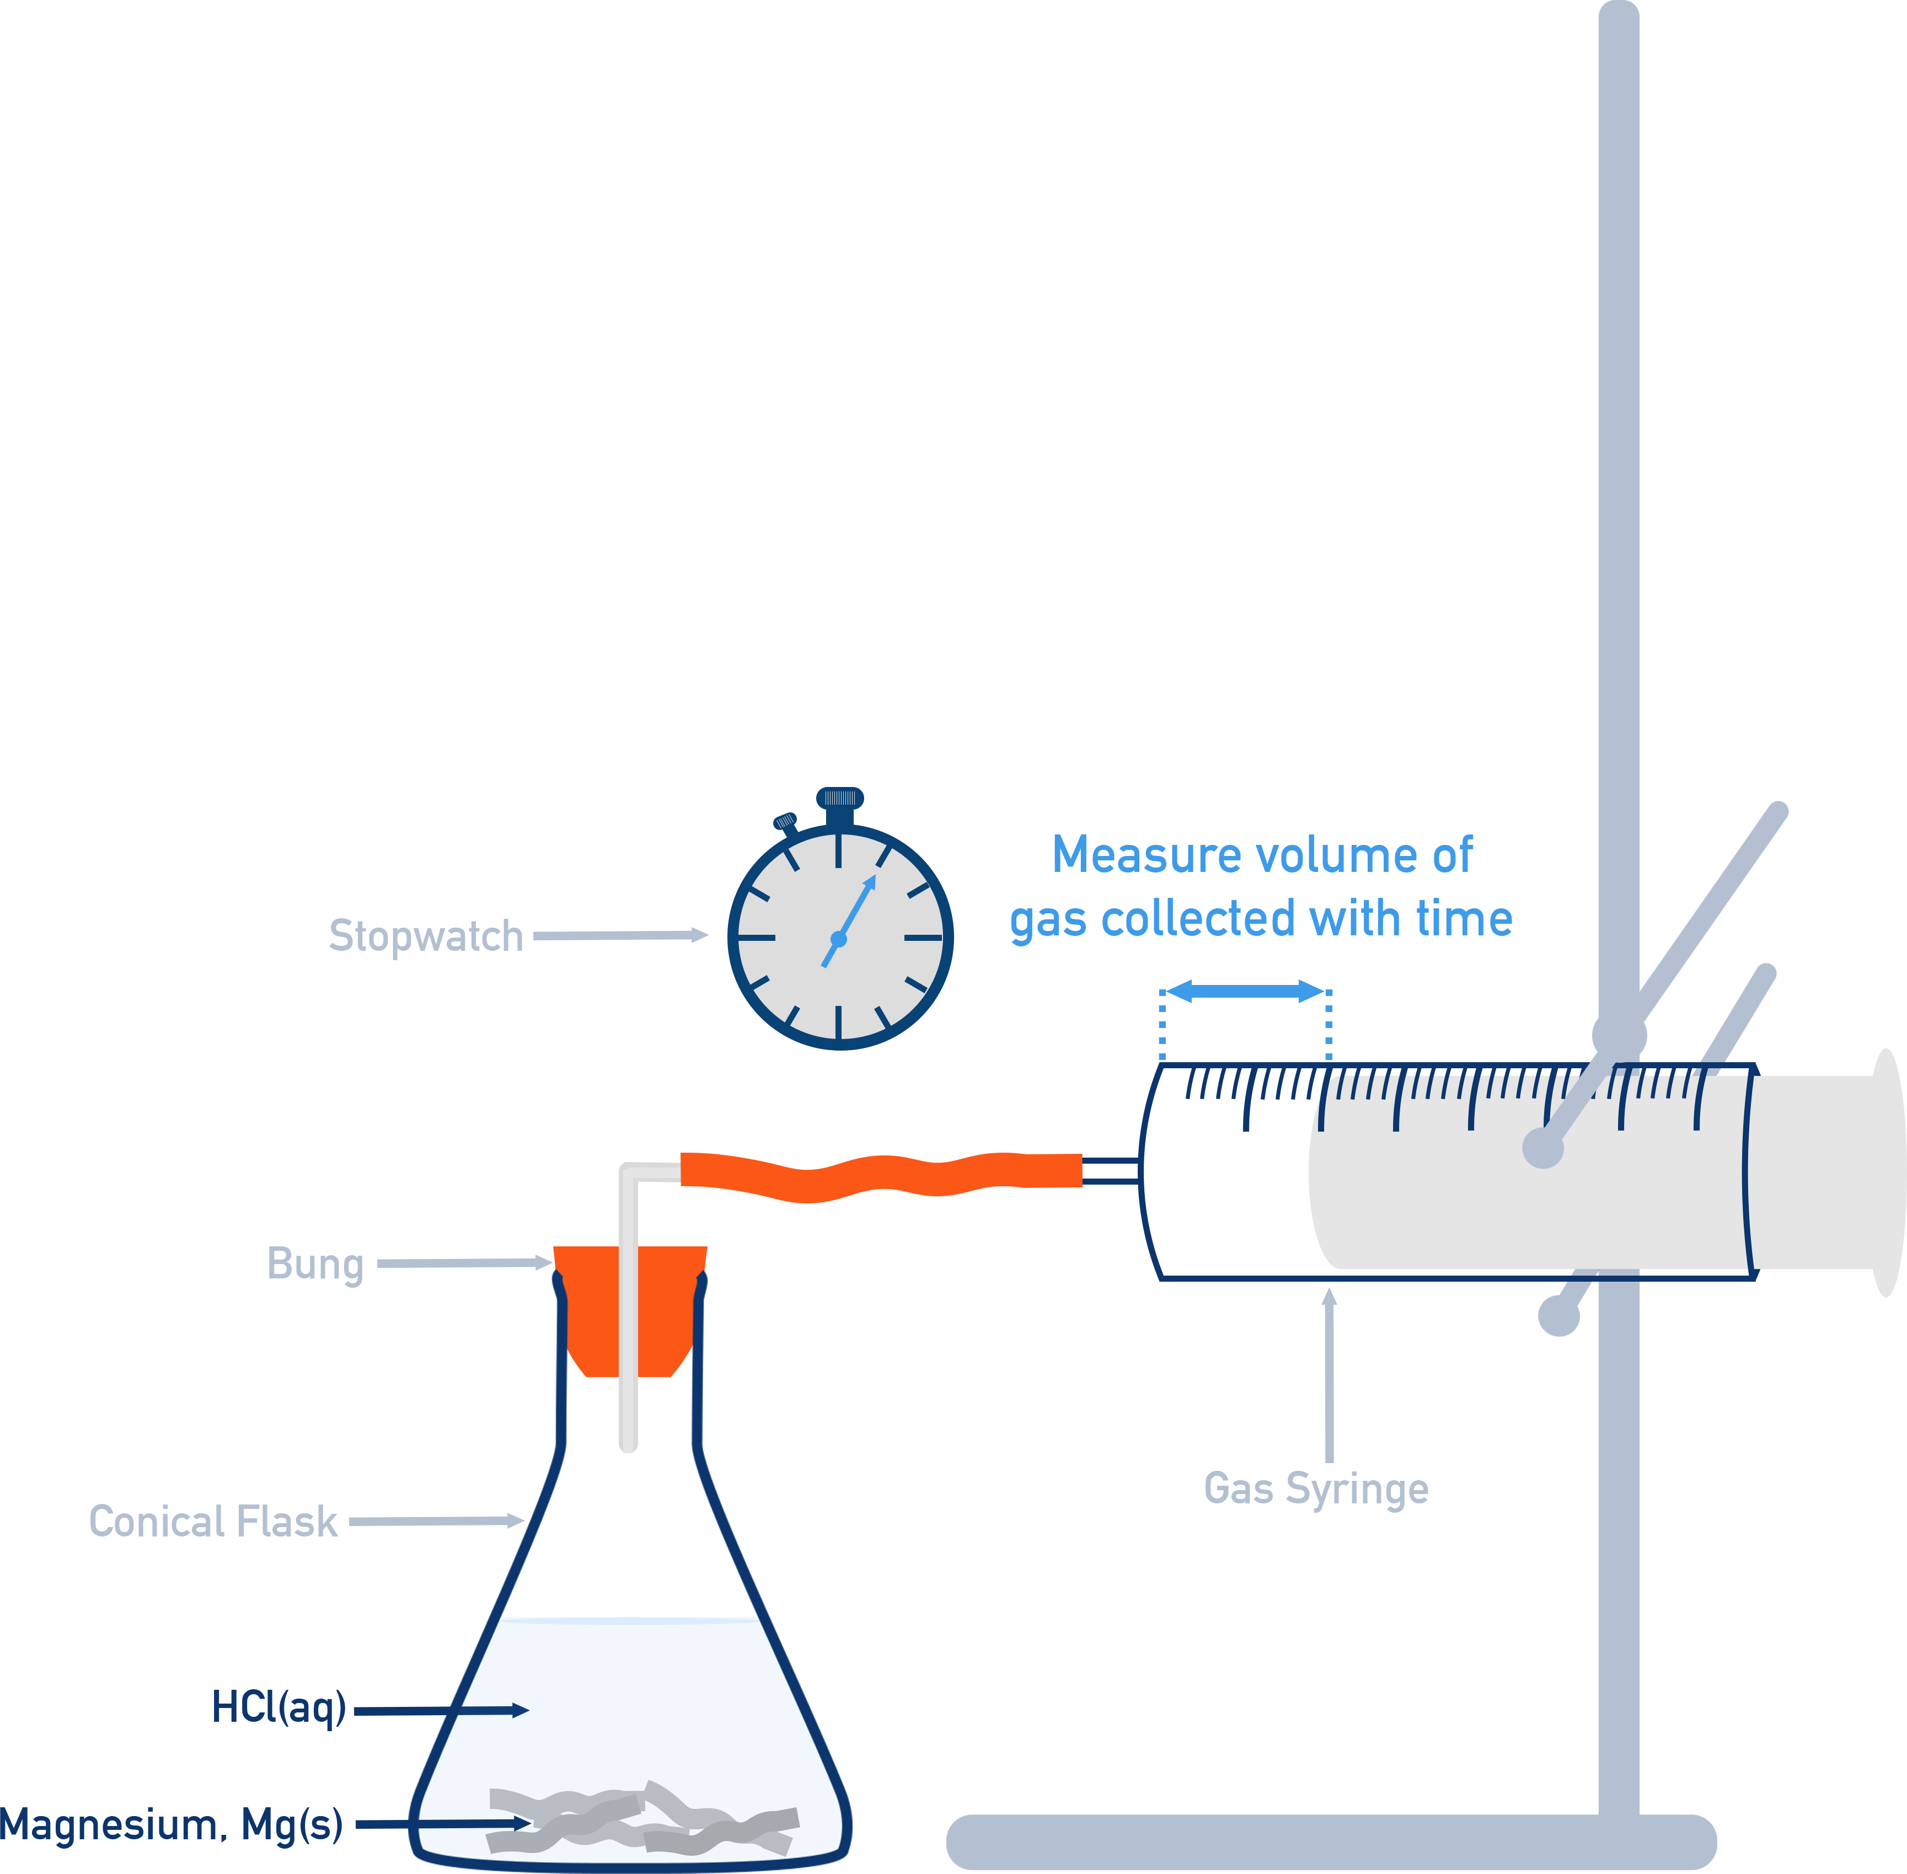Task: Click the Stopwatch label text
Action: [425, 936]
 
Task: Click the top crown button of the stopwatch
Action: [839, 798]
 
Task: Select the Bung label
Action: [315, 1264]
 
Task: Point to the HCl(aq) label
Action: [280, 1707]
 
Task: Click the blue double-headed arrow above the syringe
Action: [1245, 991]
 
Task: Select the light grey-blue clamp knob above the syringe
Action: [1619, 1035]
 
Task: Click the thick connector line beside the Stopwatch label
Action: [636, 935]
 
